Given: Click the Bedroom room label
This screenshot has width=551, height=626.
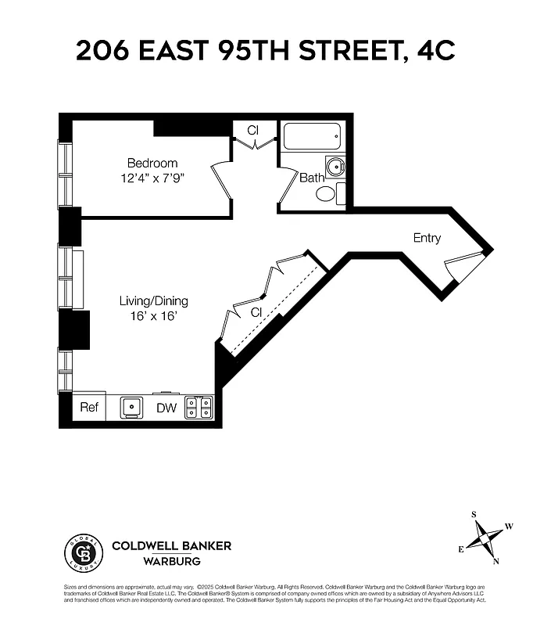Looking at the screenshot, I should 152,163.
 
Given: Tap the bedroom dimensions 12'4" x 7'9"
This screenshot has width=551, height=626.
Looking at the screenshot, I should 152,178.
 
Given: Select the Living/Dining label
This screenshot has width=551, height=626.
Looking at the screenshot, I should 153,300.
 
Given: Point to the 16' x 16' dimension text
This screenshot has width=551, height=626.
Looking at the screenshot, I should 153,316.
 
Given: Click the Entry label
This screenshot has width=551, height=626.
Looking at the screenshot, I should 427,238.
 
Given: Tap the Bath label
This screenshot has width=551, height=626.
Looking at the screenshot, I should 312,178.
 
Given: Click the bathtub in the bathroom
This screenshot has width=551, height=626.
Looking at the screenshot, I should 312,139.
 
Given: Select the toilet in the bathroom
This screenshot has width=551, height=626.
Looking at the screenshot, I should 327,194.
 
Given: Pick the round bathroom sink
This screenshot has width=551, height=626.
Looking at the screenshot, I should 335,167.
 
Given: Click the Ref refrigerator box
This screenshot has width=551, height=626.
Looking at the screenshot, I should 88,408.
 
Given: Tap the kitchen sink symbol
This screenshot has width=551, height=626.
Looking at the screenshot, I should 131,408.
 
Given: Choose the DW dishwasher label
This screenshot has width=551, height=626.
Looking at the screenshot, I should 166,408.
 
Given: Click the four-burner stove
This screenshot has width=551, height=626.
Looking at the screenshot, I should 199,408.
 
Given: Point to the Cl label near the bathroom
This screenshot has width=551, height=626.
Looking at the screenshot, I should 253,130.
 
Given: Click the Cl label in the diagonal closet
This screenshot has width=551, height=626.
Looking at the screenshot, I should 256,311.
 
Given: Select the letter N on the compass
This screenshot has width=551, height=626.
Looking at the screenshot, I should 496,561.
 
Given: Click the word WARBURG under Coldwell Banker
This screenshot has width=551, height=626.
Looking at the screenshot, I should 171,561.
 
